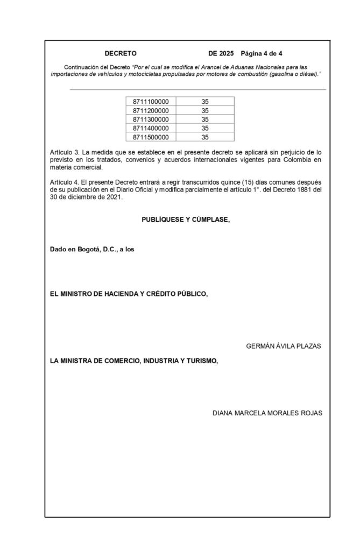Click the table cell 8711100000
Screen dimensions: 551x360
[x=150, y=101]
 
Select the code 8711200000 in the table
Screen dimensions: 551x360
[x=150, y=110]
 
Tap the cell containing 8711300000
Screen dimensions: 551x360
[x=150, y=119]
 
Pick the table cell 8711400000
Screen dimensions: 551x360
[x=150, y=128]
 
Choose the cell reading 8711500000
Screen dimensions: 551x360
[x=150, y=137]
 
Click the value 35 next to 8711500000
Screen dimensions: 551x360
[x=204, y=137]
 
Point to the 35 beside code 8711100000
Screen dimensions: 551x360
[x=204, y=101]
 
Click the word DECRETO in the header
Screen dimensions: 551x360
[x=121, y=54]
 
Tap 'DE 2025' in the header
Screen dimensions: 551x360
[x=220, y=54]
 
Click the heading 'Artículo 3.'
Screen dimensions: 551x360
[x=64, y=153]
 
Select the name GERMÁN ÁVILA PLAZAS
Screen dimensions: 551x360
[x=283, y=346]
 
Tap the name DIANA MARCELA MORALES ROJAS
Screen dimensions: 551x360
[x=267, y=413]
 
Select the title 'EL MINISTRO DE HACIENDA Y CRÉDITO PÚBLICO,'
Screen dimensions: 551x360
[x=129, y=294]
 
